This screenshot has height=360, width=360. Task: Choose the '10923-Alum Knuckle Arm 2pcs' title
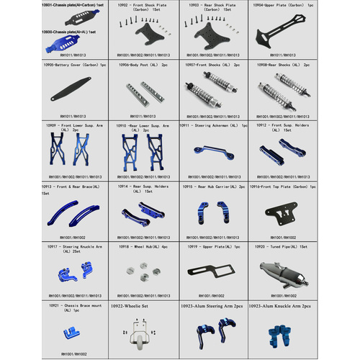click(x=279, y=306)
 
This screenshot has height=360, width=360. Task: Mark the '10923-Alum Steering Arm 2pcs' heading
click(x=211, y=306)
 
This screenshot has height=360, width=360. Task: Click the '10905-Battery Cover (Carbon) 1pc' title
click(x=76, y=65)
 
